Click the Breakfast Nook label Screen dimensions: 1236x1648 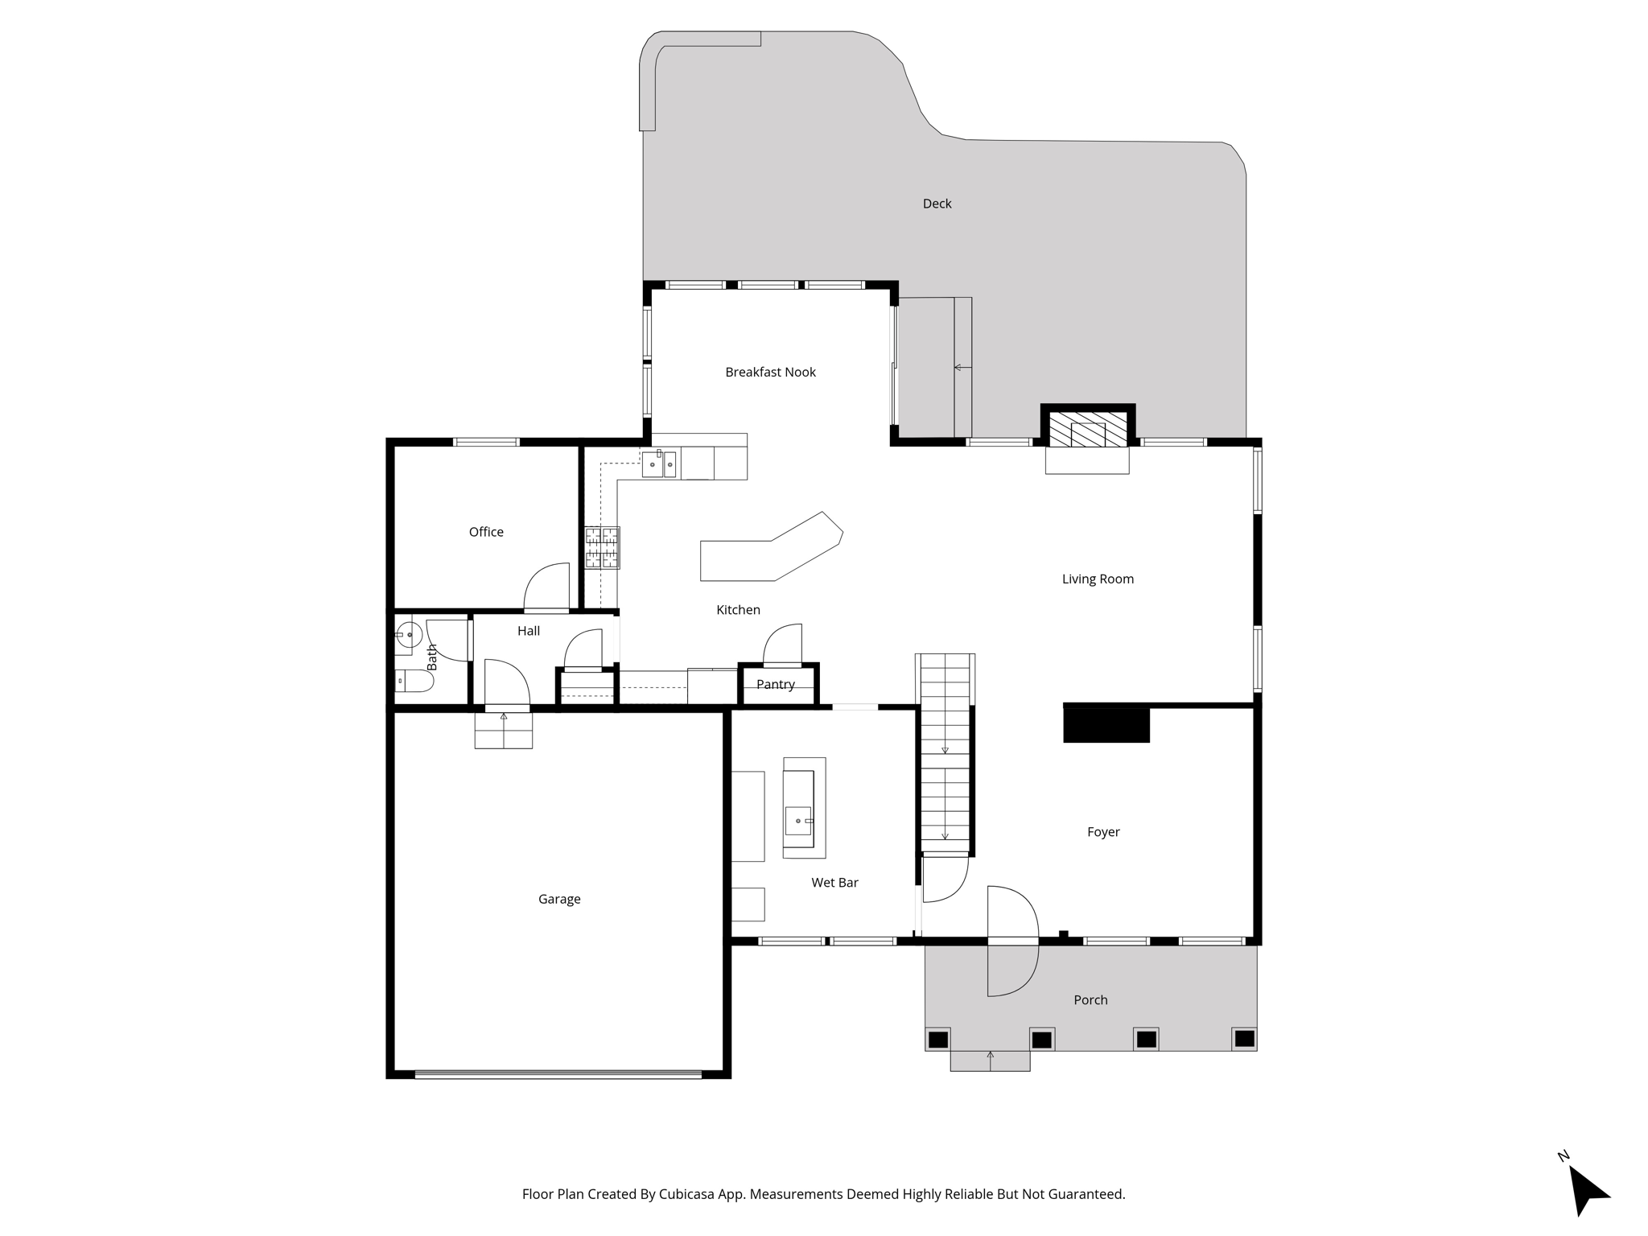pyautogui.click(x=770, y=372)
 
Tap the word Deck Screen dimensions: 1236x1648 pyautogui.click(x=937, y=204)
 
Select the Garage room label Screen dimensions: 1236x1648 pyautogui.click(x=559, y=899)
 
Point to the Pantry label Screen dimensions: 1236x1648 pyautogui.click(x=776, y=685)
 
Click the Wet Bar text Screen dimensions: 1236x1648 pyautogui.click(x=834, y=883)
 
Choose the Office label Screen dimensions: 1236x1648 pyautogui.click(x=486, y=532)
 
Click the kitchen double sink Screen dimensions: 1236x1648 pyautogui.click(x=658, y=464)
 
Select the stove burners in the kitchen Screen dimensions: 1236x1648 pyautogui.click(x=602, y=547)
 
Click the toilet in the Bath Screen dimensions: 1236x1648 pyautogui.click(x=414, y=682)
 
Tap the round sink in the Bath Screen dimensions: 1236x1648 pyautogui.click(x=409, y=635)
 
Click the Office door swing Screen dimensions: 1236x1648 pyautogui.click(x=547, y=587)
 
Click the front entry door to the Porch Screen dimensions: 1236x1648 pyautogui.click(x=1012, y=940)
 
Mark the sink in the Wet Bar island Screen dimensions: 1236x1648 pyautogui.click(x=799, y=821)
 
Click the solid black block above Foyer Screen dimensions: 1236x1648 pyautogui.click(x=1106, y=723)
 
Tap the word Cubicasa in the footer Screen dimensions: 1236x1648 pyautogui.click(x=688, y=1194)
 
